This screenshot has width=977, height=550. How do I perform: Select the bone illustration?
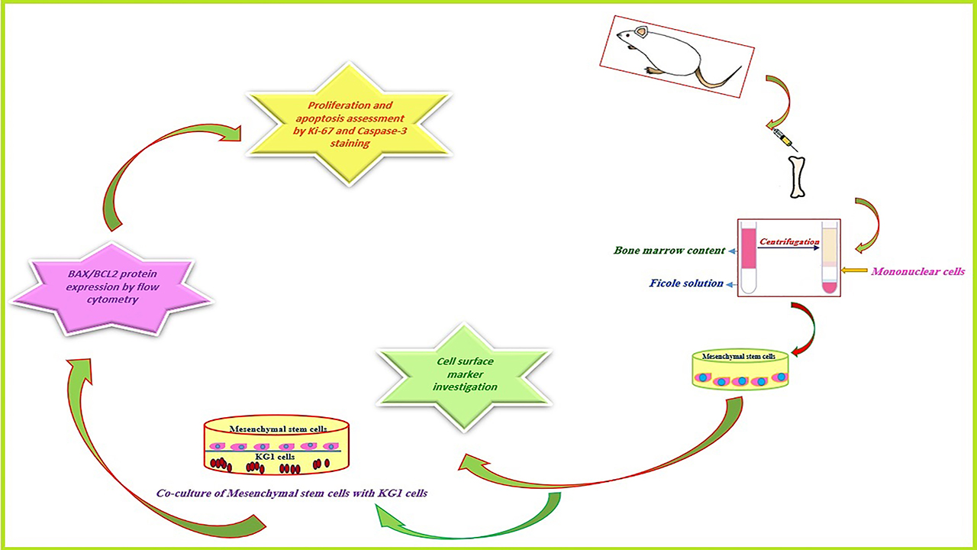tap(798, 176)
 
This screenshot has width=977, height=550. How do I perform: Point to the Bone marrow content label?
tap(669, 251)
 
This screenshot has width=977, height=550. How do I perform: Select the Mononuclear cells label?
tap(918, 271)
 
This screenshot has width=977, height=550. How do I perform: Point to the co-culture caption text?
tap(292, 493)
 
